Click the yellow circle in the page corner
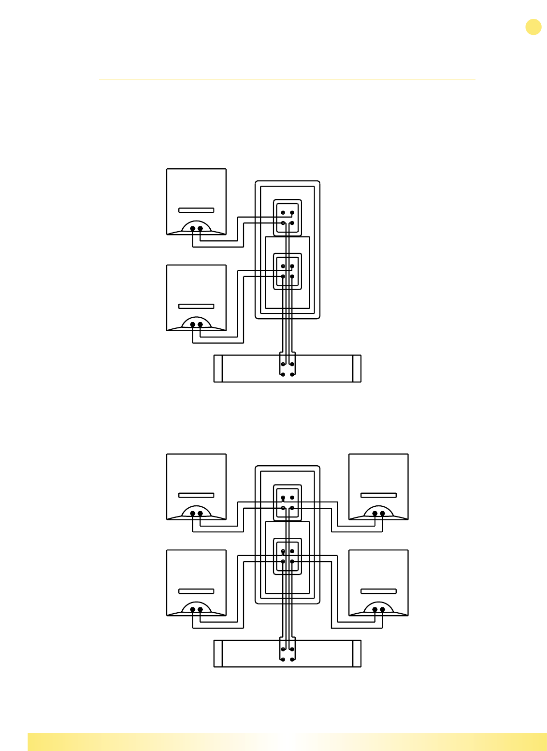533,27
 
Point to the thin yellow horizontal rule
287,80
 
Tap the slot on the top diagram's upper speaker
196,210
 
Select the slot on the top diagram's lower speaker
196,306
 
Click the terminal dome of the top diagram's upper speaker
196,227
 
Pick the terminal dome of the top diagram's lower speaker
196,323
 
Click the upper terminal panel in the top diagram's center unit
288,218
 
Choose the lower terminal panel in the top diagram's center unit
288,271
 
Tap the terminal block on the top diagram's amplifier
288,369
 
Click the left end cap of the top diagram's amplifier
218,368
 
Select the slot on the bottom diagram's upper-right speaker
378,495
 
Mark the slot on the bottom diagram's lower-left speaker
196,591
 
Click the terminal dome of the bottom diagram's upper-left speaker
196,512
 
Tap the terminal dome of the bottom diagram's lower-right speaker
378,608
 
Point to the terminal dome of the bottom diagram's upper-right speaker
378,512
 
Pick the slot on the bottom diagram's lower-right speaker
378,591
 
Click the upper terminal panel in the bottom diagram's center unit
288,502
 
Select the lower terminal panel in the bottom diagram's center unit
288,556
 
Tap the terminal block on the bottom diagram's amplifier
288,654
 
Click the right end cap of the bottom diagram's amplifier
357,653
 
